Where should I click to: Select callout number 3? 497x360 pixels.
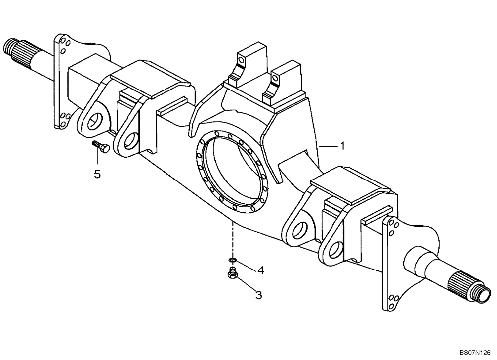(258, 295)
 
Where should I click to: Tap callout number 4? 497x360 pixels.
(260, 270)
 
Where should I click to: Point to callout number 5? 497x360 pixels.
(97, 174)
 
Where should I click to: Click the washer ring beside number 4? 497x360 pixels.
(232, 260)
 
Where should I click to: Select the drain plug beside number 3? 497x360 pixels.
(231, 273)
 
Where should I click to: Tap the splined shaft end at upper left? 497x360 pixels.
(15, 48)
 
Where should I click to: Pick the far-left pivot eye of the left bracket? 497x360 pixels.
(95, 122)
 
